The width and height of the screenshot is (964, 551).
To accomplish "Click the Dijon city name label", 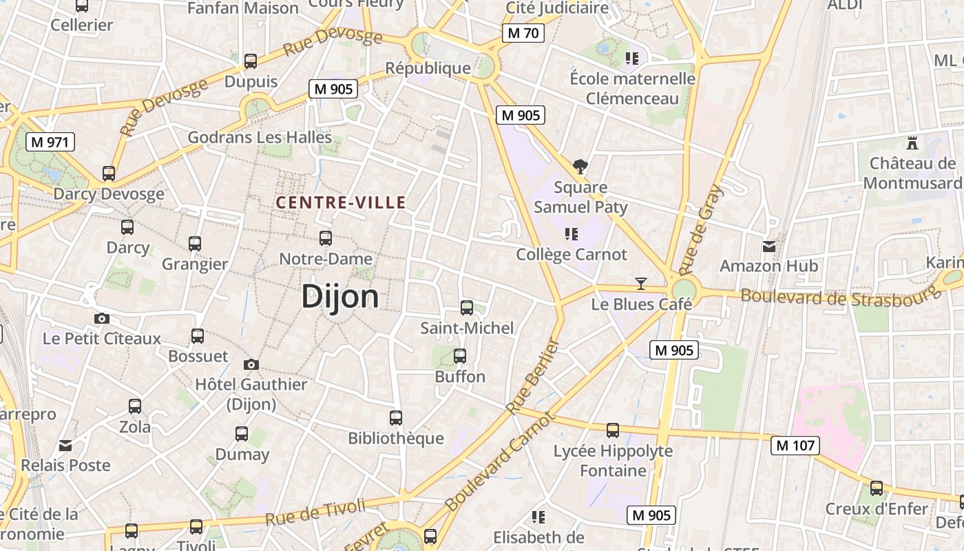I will pyautogui.click(x=340, y=297).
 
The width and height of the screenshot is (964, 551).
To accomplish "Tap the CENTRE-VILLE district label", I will pyautogui.click(x=341, y=202).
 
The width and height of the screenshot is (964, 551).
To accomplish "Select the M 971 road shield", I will pyautogui.click(x=50, y=143).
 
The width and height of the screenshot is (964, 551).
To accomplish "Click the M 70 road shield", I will pyautogui.click(x=523, y=32).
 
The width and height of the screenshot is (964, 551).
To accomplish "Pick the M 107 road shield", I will pyautogui.click(x=795, y=446).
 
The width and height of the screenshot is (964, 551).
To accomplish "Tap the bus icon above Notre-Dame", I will pyautogui.click(x=326, y=238).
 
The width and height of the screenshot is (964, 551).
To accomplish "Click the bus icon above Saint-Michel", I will pyautogui.click(x=467, y=308).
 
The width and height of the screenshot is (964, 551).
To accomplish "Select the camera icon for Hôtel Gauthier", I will pyautogui.click(x=251, y=364).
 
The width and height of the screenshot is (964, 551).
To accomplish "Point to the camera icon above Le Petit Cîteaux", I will pyautogui.click(x=102, y=318).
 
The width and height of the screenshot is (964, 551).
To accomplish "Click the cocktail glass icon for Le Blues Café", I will pyautogui.click(x=641, y=283).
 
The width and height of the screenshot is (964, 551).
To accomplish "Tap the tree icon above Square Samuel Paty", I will pyautogui.click(x=580, y=166).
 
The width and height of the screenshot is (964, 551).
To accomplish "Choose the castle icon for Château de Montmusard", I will pyautogui.click(x=913, y=143).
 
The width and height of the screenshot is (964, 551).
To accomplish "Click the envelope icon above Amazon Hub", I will pyautogui.click(x=769, y=246).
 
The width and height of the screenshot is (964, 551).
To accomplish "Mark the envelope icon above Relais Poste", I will pyautogui.click(x=65, y=446).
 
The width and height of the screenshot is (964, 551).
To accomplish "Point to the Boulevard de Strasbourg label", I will pyautogui.click(x=840, y=297).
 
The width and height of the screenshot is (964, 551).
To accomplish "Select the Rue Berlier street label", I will pyautogui.click(x=533, y=376).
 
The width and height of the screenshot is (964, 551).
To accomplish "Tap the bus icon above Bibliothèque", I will pyautogui.click(x=396, y=417).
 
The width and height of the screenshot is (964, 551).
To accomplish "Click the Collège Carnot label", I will pyautogui.click(x=572, y=255).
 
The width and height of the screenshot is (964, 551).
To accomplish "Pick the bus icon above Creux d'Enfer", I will pyautogui.click(x=877, y=488).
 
